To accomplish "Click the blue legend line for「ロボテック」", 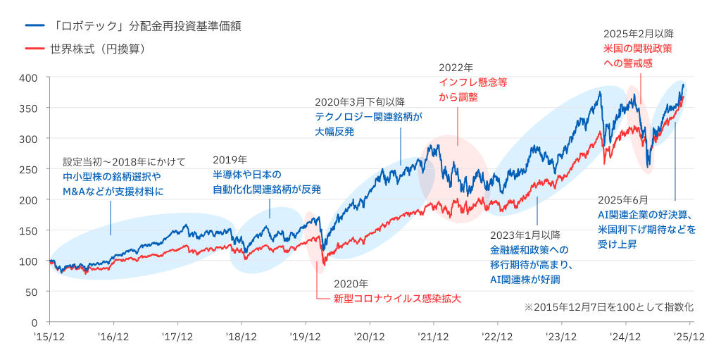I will pyautogui.click(x=34, y=26).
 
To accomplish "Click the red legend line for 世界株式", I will pyautogui.click(x=34, y=50).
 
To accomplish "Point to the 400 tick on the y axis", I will pyautogui.click(x=29, y=77).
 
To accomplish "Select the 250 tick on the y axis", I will pyautogui.click(x=29, y=169).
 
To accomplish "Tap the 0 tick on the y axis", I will pyautogui.click(x=35, y=322).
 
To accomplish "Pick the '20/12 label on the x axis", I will pyautogui.click(x=370, y=337).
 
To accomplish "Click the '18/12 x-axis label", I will pyautogui.click(x=242, y=337).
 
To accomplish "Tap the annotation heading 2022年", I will pyautogui.click(x=456, y=68).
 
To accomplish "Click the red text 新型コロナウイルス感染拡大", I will pyautogui.click(x=397, y=299).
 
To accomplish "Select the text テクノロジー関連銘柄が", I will pyautogui.click(x=368, y=116).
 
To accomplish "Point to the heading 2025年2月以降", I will pyautogui.click(x=639, y=34).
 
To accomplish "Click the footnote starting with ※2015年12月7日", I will pyautogui.click(x=609, y=307).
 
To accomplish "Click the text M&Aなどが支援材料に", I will pyautogui.click(x=113, y=191).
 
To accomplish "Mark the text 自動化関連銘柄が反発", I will pyautogui.click(x=267, y=189).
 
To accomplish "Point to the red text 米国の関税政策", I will pyautogui.click(x=637, y=49).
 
